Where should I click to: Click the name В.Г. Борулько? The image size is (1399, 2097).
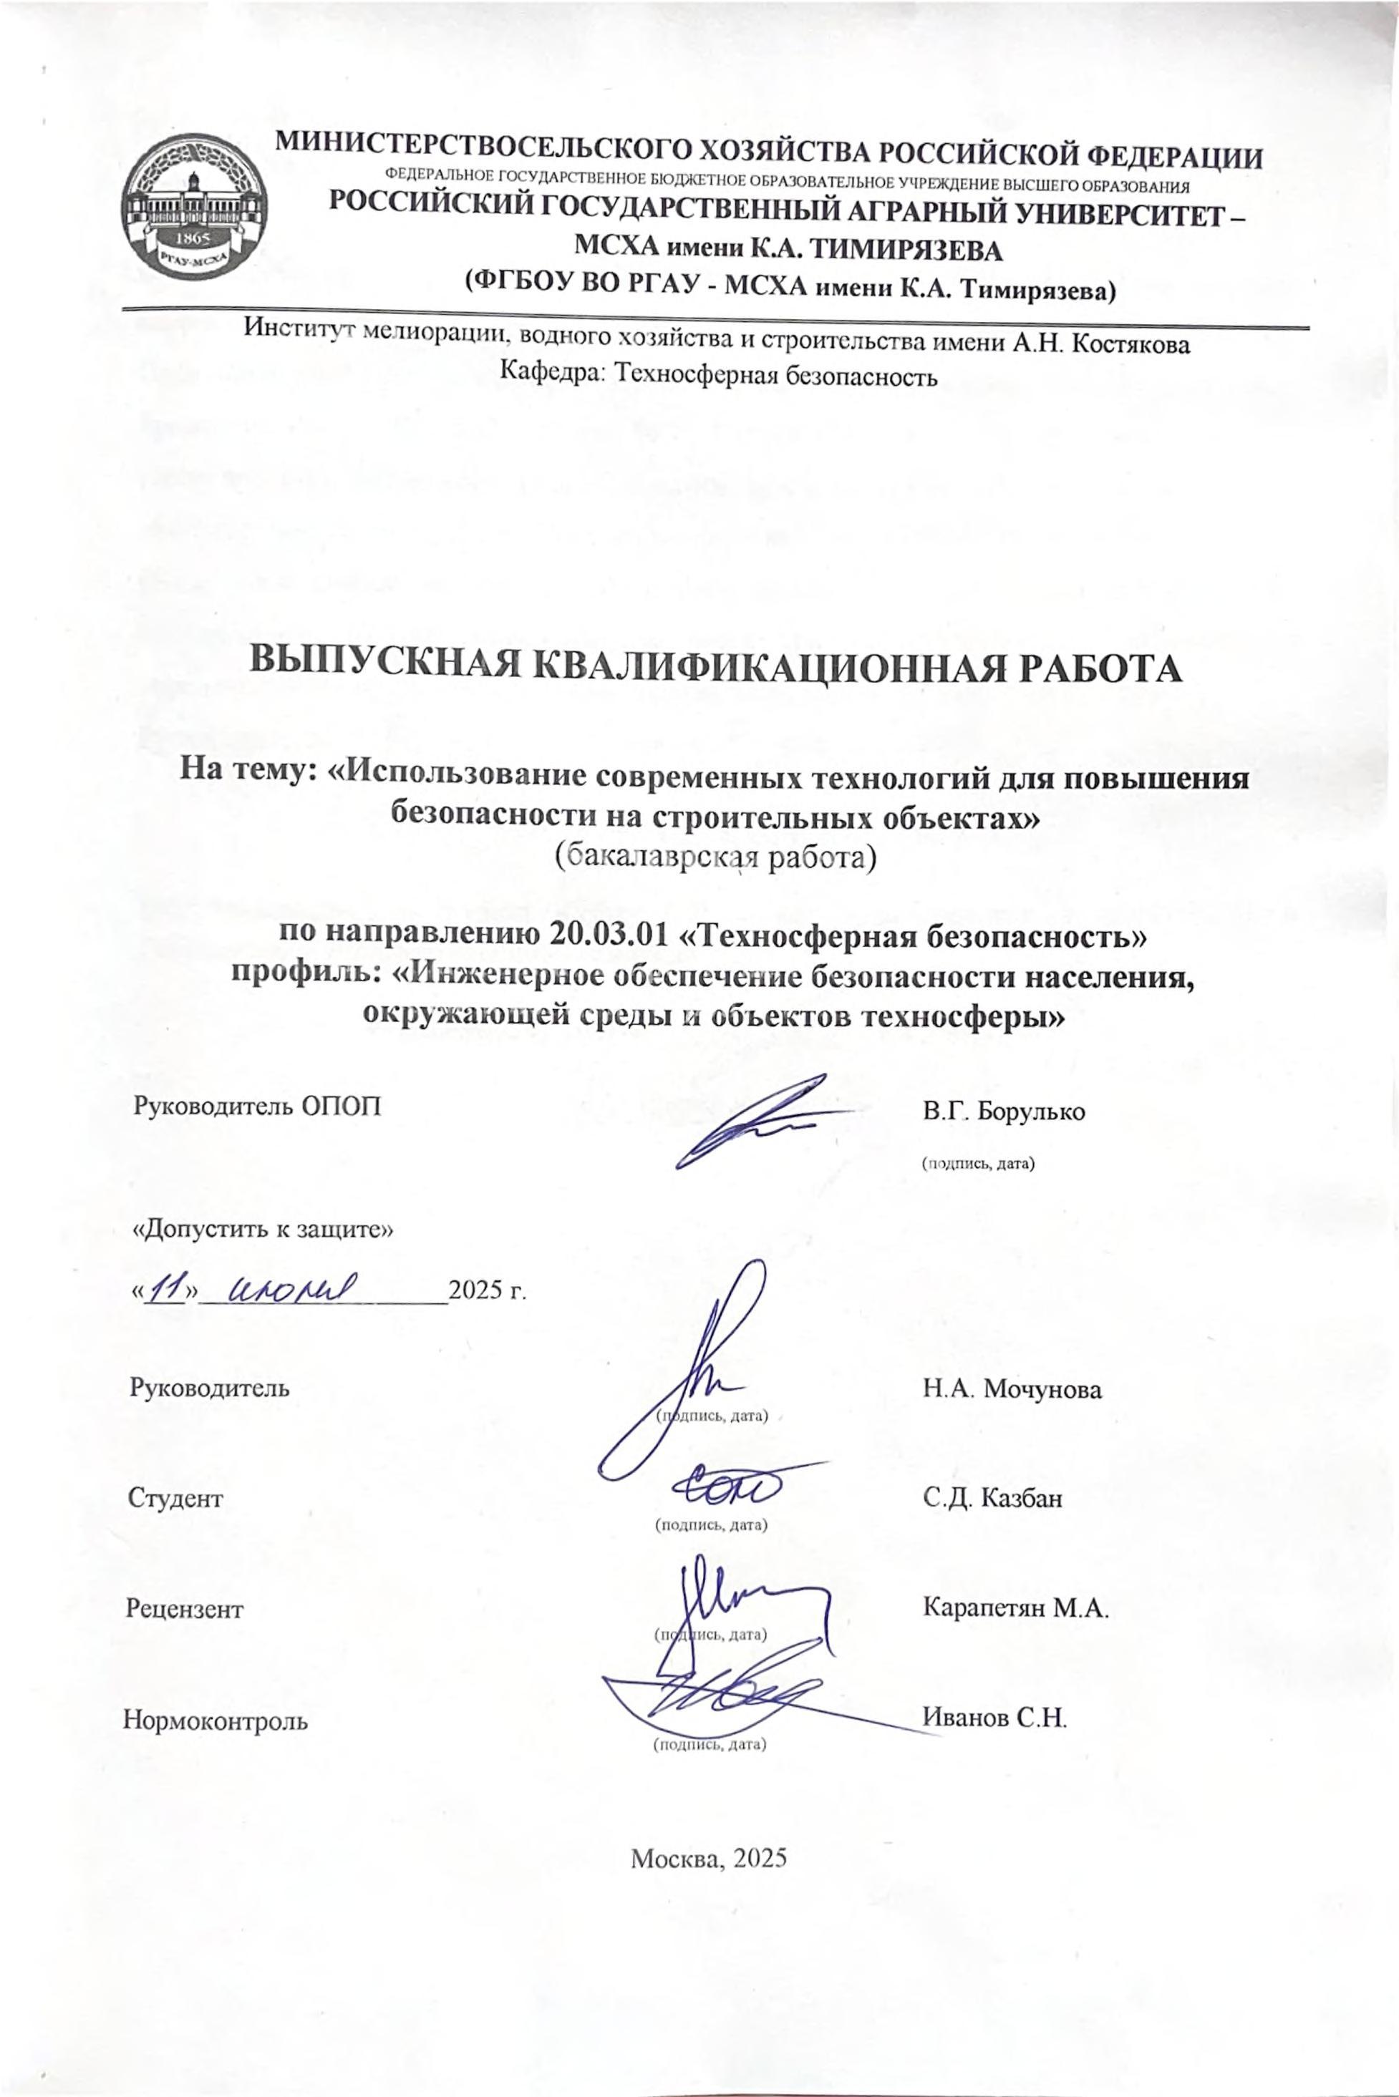1004,1112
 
